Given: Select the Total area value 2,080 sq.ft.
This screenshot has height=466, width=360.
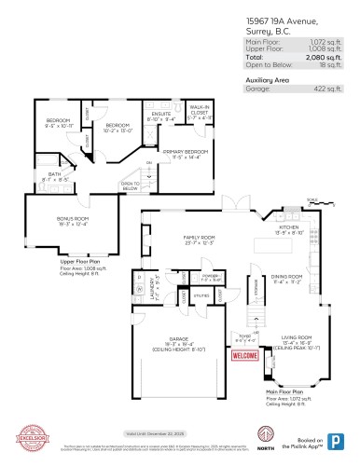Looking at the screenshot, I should click(x=325, y=58).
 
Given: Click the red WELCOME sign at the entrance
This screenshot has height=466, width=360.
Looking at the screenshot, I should click(x=244, y=355).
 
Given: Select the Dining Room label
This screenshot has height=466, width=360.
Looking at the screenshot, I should click(x=287, y=278).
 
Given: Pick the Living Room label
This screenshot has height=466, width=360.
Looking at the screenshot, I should click(x=297, y=337).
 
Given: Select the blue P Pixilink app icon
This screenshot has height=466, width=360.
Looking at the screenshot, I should click(x=333, y=441).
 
